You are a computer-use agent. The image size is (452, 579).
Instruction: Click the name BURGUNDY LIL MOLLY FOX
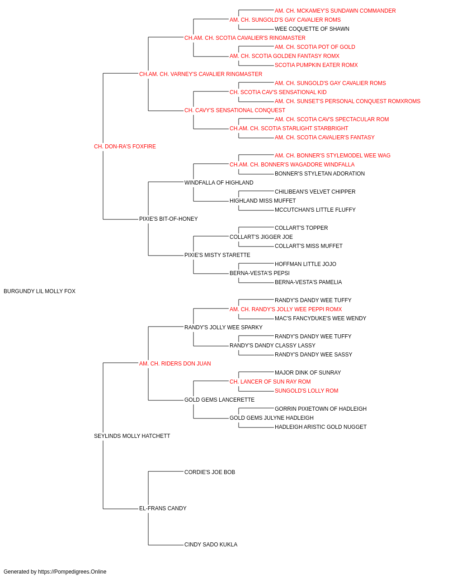pyautogui.click(x=39, y=291)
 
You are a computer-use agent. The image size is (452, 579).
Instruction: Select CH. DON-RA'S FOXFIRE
pyautogui.click(x=125, y=147)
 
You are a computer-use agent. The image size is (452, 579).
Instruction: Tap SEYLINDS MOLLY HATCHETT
pyautogui.click(x=132, y=436)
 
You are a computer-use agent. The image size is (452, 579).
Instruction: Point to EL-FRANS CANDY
pyautogui.click(x=163, y=508)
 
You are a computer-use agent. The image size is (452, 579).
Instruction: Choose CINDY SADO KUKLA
pyautogui.click(x=211, y=545)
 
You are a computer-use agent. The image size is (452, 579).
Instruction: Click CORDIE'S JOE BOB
pyautogui.click(x=210, y=472)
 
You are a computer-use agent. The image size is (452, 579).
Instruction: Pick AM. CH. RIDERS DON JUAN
pyautogui.click(x=175, y=364)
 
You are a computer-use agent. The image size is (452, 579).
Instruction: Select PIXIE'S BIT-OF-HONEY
pyautogui.click(x=169, y=219)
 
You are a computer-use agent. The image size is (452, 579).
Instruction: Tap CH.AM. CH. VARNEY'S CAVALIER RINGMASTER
pyautogui.click(x=201, y=74)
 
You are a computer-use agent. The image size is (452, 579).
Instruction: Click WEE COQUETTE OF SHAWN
pyautogui.click(x=312, y=29)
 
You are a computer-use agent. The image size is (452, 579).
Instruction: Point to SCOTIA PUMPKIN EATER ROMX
pyautogui.click(x=316, y=65)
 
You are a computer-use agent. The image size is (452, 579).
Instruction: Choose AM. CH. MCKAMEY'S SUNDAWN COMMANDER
pyautogui.click(x=335, y=11)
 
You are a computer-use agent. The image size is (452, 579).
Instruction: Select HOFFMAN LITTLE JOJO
pyautogui.click(x=306, y=264)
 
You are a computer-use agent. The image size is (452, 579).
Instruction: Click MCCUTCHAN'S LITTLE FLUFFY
pyautogui.click(x=315, y=210)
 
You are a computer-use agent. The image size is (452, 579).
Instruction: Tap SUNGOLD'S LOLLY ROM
pyautogui.click(x=306, y=391)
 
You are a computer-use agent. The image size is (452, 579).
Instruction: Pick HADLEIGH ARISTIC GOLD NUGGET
pyautogui.click(x=320, y=427)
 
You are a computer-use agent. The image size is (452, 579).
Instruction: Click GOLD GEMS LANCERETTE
pyautogui.click(x=219, y=400)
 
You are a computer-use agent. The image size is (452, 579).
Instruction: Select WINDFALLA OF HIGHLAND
pyautogui.click(x=219, y=182)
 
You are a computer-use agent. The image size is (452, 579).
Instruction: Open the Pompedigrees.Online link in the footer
pyautogui.click(x=72, y=572)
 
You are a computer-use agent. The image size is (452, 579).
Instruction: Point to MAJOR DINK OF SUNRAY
pyautogui.click(x=308, y=372)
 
